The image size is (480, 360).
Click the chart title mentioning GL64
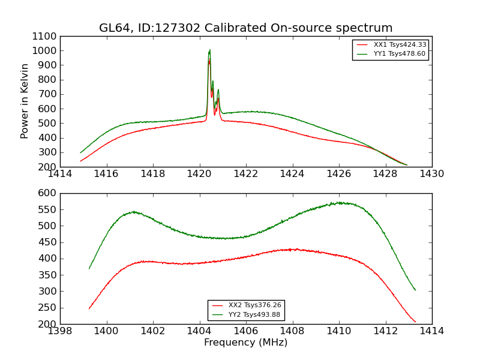(245, 28)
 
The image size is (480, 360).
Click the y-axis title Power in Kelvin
(25, 101)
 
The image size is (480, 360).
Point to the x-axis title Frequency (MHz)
(245, 343)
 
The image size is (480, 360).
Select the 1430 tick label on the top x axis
(431, 174)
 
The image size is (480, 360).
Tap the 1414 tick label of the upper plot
(60, 174)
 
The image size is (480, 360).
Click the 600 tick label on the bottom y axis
(48, 193)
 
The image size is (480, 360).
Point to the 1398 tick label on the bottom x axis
(60, 331)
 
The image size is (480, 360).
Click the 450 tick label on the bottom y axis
(48, 242)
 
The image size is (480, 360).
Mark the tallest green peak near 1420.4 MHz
(209, 50)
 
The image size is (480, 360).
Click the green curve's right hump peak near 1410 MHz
(340, 203)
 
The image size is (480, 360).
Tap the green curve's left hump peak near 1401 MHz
(133, 211)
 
